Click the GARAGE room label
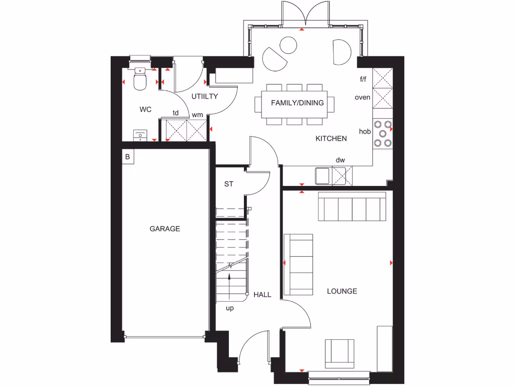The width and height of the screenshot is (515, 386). pos(164,229)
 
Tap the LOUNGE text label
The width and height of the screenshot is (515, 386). pos(342,291)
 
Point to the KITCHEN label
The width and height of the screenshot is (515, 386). pos(331,138)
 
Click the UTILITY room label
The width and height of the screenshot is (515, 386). pos(204,96)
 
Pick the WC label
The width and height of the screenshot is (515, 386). pos(146,109)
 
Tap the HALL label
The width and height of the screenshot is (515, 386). pos(262,295)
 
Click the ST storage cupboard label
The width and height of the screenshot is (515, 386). pos(229,184)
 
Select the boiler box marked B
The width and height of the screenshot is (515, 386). pos(128,157)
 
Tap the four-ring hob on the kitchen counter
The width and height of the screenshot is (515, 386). pos(382,134)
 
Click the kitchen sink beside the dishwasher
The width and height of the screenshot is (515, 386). pos(322,176)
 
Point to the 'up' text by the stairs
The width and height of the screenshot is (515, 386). pos(230,308)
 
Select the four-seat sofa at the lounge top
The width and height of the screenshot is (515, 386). pos(352,206)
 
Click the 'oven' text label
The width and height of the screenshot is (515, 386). pos(362,98)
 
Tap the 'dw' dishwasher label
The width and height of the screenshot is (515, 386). pos(340,160)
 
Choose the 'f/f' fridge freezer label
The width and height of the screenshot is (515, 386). pos(363,79)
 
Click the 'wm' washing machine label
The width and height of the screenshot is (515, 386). pos(198,115)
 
